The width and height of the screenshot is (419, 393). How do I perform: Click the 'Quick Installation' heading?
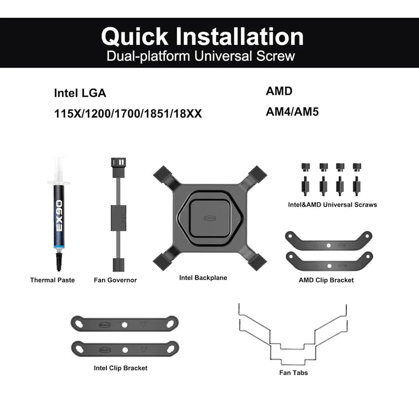202,37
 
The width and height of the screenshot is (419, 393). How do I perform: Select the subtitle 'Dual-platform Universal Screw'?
201,56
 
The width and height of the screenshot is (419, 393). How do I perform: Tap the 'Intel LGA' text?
80,93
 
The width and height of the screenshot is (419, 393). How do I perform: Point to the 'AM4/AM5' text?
292,111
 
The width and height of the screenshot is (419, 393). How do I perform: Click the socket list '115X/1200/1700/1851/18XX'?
128,114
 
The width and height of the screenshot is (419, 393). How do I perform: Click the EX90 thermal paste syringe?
59,214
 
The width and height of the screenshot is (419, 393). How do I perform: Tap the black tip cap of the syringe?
59,262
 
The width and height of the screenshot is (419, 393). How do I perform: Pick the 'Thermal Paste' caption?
52,280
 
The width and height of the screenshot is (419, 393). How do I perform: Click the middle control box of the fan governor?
118,218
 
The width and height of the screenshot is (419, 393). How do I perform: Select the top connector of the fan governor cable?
118,167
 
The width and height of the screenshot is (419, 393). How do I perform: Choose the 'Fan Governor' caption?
115,280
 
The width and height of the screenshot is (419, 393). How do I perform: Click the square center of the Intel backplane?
211,219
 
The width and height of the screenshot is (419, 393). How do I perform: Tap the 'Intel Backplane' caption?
203,278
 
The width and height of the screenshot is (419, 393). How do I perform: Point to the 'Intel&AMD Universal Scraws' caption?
333,205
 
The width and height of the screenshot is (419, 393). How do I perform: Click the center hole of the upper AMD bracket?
329,245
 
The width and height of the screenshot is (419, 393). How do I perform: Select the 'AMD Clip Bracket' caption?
326,280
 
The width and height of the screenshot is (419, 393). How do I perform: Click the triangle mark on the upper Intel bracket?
144,324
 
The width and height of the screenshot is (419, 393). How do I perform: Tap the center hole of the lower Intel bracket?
125,350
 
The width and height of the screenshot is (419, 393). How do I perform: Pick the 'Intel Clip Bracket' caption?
120,368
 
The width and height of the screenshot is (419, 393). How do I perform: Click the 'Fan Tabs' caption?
293,373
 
